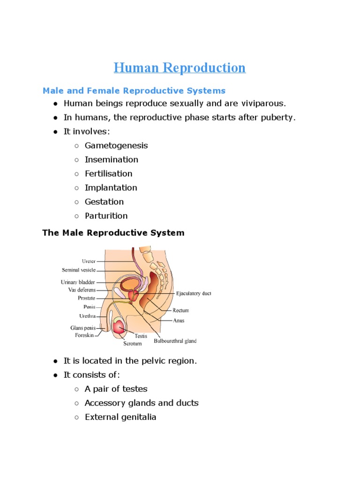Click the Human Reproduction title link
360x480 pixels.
(180, 68)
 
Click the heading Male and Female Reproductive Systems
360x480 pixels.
(134, 90)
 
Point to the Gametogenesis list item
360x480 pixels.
(116, 145)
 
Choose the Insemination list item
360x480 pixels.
(111, 159)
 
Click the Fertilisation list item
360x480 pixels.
(108, 173)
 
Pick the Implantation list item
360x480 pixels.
(111, 187)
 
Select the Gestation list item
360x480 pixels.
(104, 202)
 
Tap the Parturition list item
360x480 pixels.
(106, 216)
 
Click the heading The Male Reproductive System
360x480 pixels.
(113, 232)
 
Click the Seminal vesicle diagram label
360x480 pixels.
(79, 270)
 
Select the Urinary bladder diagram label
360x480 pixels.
(78, 282)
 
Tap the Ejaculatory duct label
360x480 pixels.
(194, 293)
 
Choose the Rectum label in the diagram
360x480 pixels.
(181, 310)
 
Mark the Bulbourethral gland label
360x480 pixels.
(175, 341)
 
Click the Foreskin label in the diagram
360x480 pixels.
(84, 335)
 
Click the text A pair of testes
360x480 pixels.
(116, 389)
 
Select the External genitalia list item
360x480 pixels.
(120, 417)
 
